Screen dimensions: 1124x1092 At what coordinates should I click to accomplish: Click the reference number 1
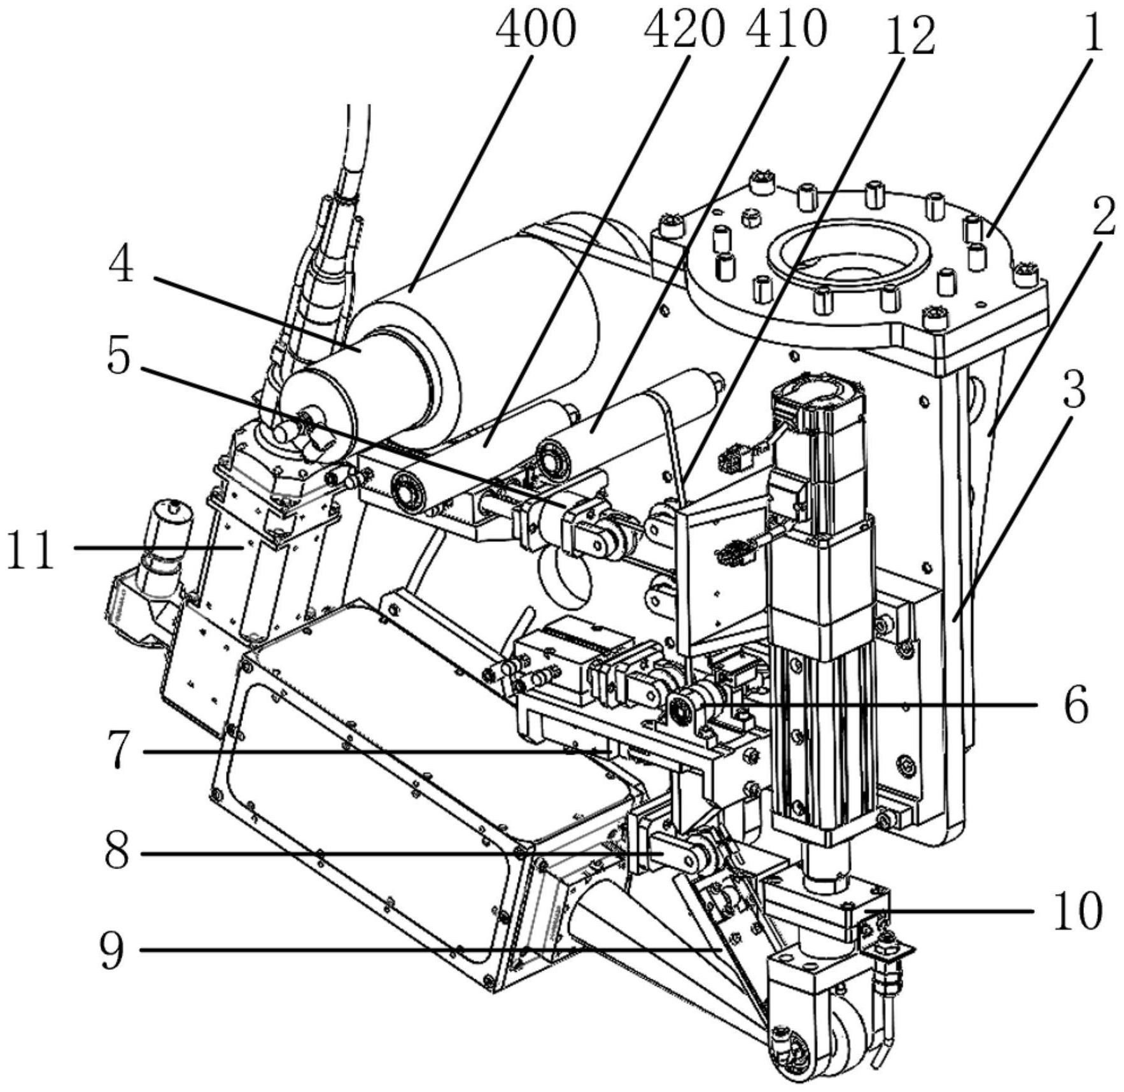1093,32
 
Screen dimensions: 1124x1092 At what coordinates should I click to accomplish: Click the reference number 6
1076,705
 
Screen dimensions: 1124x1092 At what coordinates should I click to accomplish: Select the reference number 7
117,751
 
